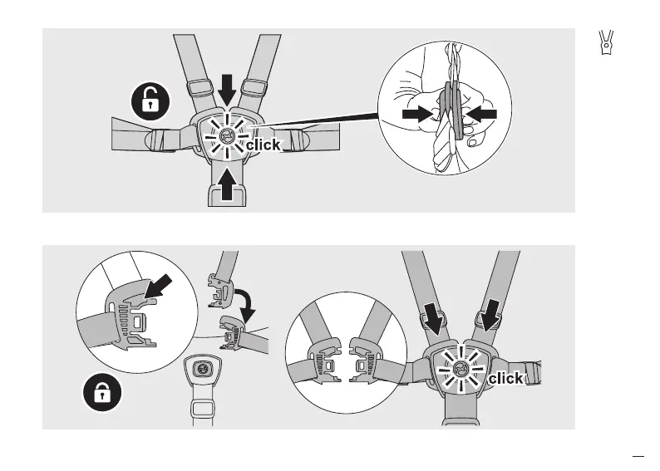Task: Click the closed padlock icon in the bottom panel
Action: [102, 393]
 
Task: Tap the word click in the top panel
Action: [263, 145]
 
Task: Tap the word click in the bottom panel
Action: [505, 379]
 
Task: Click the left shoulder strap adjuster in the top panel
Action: [199, 86]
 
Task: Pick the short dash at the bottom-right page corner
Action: [638, 455]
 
